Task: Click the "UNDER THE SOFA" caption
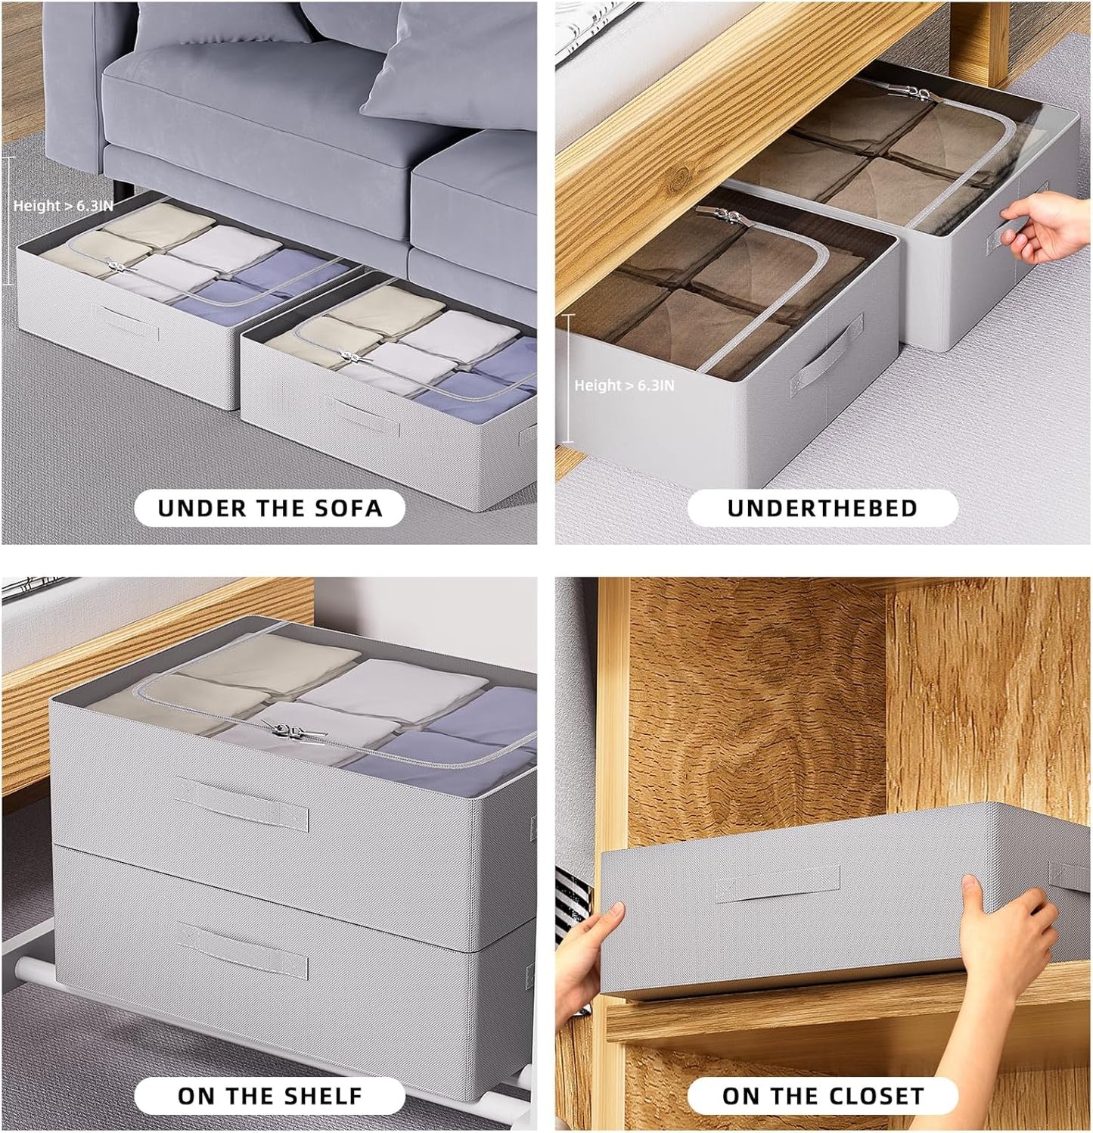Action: tap(270, 508)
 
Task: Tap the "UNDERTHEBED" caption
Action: tap(822, 508)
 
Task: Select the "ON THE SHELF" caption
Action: tap(270, 1095)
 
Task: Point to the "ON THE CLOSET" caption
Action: tap(823, 1095)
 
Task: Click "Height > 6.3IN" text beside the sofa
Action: tap(63, 205)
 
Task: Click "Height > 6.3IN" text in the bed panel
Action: tap(624, 385)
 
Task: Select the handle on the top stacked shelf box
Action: tap(241, 804)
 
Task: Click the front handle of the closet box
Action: tap(778, 883)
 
